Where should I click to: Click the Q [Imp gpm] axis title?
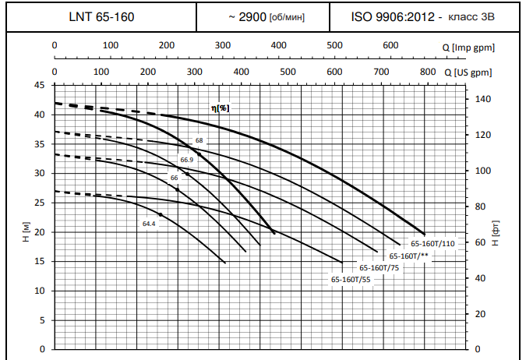pos(473,47)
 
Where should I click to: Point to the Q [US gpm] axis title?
pos(473,72)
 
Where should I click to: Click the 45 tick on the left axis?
pos(40,85)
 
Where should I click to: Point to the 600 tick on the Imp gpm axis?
pos(390,46)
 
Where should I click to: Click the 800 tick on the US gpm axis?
pos(428,72)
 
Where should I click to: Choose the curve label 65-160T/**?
pos(409,256)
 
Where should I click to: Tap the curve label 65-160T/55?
pos(351,279)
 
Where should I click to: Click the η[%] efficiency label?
pos(221,108)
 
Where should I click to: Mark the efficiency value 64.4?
pos(149,224)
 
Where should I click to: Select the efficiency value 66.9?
pos(186,160)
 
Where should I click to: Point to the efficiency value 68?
pos(199,140)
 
